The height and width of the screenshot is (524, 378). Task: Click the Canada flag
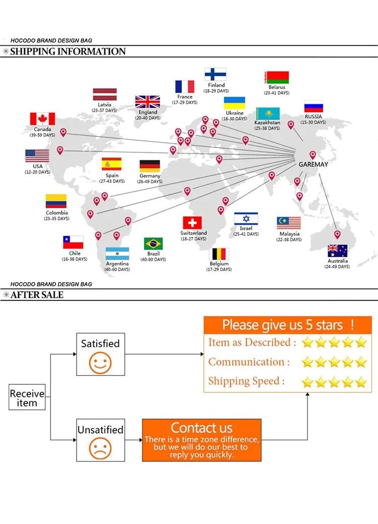(42, 119)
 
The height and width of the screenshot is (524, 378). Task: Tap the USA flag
(37, 156)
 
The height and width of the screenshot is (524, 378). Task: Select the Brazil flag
(153, 244)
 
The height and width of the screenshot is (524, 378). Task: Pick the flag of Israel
(246, 219)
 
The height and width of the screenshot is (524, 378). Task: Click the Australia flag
(337, 250)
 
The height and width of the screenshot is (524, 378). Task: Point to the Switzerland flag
(192, 223)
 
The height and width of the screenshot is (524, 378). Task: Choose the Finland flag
(215, 75)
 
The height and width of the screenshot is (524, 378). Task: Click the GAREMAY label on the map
(313, 164)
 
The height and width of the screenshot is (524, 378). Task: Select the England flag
(148, 102)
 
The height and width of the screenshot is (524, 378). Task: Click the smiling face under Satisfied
(100, 363)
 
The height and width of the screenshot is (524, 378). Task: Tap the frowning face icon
(100, 447)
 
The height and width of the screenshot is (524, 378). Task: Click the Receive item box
(27, 398)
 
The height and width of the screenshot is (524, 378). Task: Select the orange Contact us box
(202, 440)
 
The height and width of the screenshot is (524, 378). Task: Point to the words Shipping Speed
(244, 381)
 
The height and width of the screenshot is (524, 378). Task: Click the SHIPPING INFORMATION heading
(68, 51)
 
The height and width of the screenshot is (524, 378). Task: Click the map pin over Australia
(338, 234)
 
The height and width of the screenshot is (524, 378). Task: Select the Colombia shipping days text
(56, 219)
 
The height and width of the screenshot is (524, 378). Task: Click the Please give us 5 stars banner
(288, 325)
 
